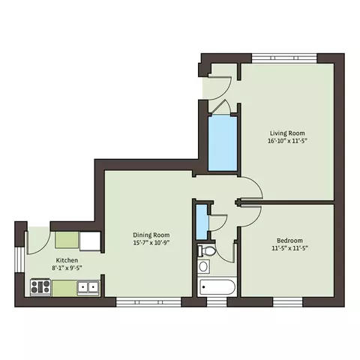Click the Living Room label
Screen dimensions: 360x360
pyautogui.click(x=287, y=133)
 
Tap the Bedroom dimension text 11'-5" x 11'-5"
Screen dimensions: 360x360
pyautogui.click(x=289, y=248)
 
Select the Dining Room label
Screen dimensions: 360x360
pyautogui.click(x=151, y=235)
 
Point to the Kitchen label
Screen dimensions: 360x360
pyautogui.click(x=67, y=260)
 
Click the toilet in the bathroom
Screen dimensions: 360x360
pyautogui.click(x=206, y=251)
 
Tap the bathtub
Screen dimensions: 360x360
pyautogui.click(x=217, y=287)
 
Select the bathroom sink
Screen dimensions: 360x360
pyautogui.click(x=204, y=266)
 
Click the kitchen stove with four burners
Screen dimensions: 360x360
pyautogui.click(x=40, y=287)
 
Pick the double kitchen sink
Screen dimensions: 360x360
pyautogui.click(x=88, y=287)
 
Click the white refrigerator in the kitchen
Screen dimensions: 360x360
pyautogui.click(x=90, y=241)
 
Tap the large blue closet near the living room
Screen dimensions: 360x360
pyautogui.click(x=223, y=143)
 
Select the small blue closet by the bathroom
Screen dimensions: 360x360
pyautogui.click(x=202, y=222)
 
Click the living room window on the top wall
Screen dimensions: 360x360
pyautogui.click(x=284, y=58)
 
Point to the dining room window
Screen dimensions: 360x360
pyautogui.click(x=148, y=302)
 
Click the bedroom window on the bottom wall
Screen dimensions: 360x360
pyautogui.click(x=287, y=302)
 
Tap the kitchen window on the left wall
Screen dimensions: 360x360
pyautogui.click(x=19, y=259)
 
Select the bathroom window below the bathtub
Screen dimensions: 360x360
pyautogui.click(x=217, y=302)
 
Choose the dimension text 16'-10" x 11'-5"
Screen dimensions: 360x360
pyautogui.click(x=287, y=141)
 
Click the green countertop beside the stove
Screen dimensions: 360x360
pyautogui.click(x=64, y=288)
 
